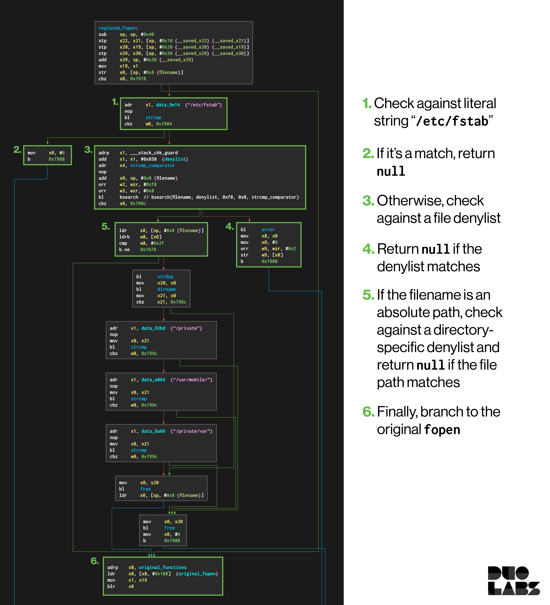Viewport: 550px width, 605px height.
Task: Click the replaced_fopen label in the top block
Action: click(x=117, y=28)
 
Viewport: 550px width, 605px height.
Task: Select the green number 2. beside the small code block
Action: click(x=17, y=149)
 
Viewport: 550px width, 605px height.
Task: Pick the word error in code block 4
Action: click(x=268, y=230)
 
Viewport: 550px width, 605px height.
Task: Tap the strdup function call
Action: click(x=165, y=276)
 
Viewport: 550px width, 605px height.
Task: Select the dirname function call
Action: click(x=167, y=289)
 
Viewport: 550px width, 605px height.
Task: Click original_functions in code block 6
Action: click(x=163, y=567)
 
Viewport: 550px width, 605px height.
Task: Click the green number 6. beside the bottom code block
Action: click(x=95, y=561)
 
